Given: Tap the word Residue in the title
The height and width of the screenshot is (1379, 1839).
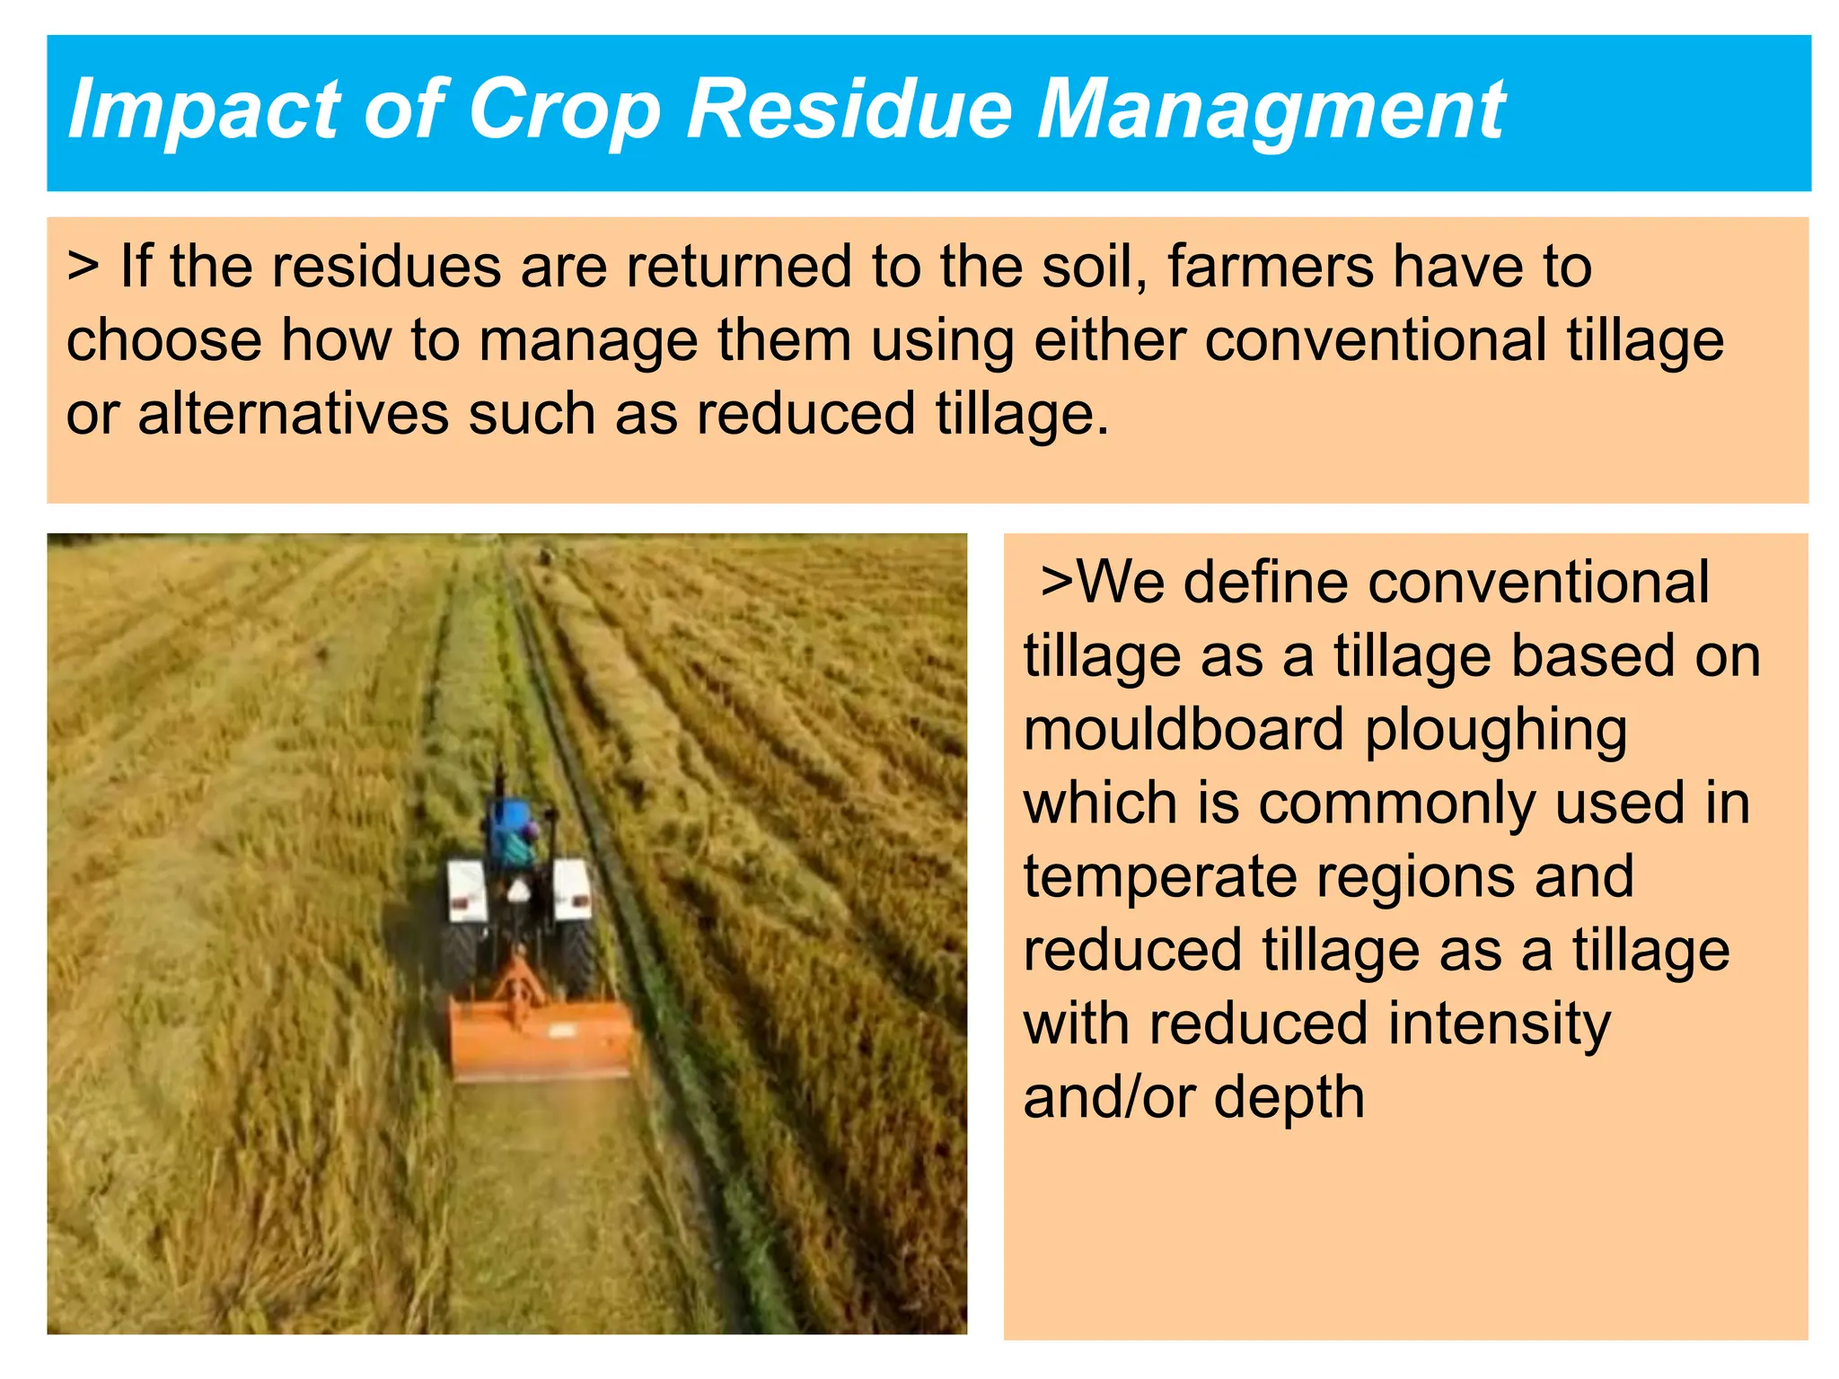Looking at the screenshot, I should tap(849, 110).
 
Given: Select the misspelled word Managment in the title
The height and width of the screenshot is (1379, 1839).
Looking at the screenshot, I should tap(1271, 110).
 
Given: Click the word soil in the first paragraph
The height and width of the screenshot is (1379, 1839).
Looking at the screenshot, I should tap(1090, 267).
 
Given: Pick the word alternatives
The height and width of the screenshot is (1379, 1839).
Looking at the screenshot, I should tap(293, 414).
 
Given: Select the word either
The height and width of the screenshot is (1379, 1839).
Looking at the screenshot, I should tap(1110, 340).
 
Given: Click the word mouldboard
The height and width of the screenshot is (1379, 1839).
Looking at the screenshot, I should tap(1183, 729).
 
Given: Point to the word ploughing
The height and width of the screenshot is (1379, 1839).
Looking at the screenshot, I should tap(1496, 731).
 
